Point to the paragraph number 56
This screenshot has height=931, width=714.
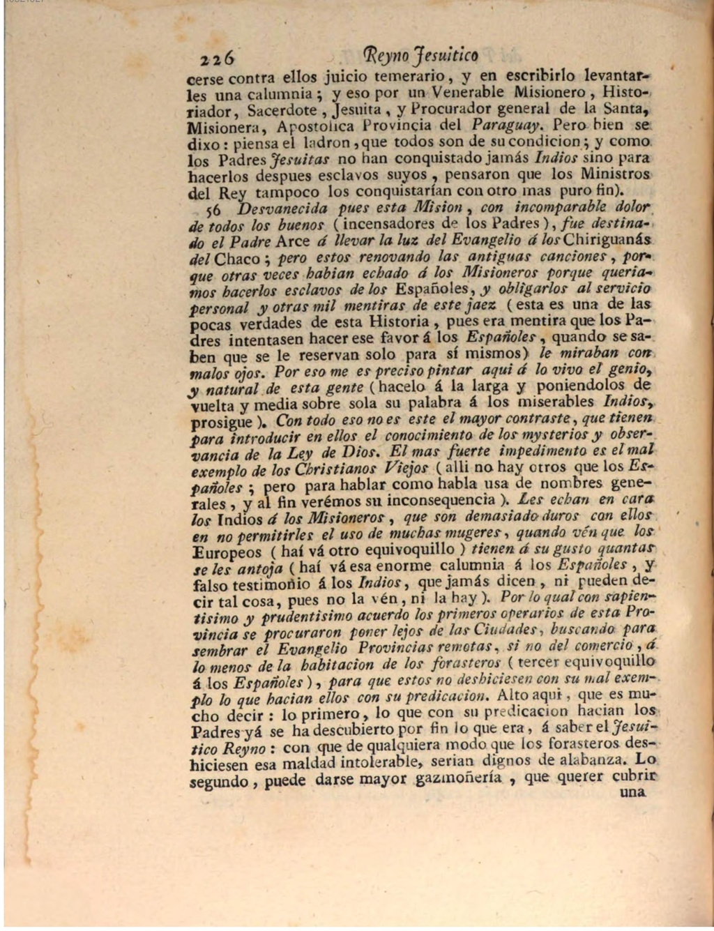212,209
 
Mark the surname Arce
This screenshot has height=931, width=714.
293,242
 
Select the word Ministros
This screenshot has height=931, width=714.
615,174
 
